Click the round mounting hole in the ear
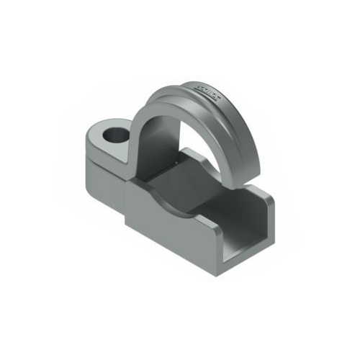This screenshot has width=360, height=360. pos(114,134)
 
